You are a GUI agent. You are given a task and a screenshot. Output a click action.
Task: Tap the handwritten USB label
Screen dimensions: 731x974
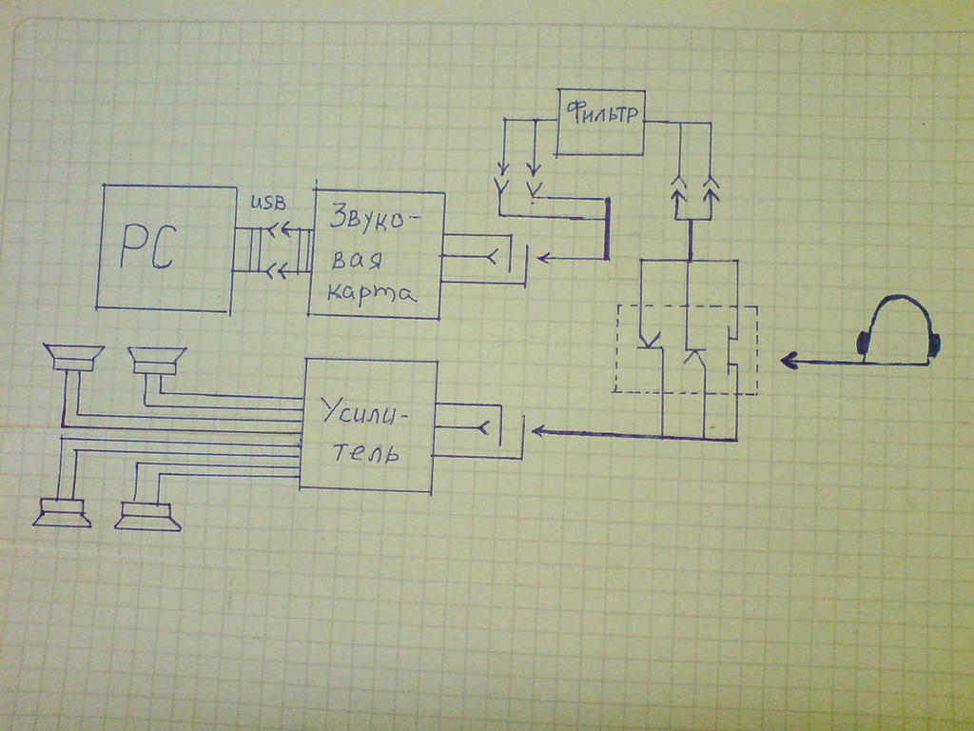click(267, 204)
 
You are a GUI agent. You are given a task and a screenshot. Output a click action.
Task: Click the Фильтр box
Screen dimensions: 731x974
click(600, 122)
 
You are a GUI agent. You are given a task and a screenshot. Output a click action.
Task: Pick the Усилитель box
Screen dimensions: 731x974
click(368, 425)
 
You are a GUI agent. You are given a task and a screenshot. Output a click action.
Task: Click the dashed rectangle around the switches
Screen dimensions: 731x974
click(686, 349)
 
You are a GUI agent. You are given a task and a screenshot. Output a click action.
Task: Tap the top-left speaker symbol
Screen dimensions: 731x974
click(73, 359)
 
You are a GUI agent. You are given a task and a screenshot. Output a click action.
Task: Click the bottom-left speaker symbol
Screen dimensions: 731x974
click(62, 513)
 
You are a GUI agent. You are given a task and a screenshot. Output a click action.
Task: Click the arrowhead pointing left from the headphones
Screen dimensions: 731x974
click(789, 361)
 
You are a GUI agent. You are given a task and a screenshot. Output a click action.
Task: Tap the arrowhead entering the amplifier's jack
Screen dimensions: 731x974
click(538, 431)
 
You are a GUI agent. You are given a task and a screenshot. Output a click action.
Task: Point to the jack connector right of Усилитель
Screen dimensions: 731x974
click(495, 429)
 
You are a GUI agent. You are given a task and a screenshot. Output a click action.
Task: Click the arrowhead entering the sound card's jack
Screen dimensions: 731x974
click(545, 257)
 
